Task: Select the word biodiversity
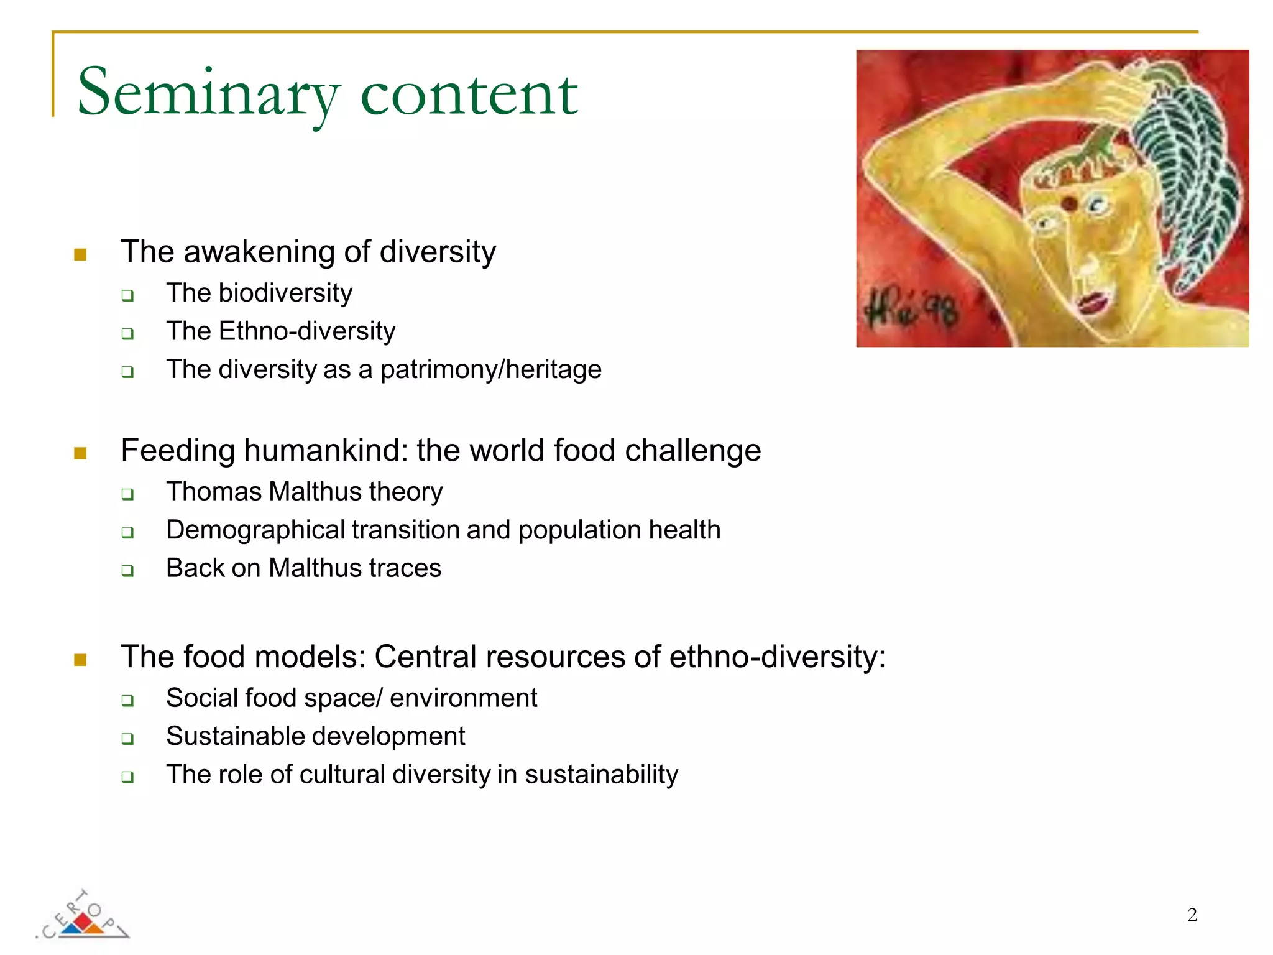coord(285,293)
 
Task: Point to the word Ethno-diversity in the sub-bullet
coord(307,331)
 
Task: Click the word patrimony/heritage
coord(490,370)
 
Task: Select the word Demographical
coord(255,530)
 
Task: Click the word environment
coord(463,698)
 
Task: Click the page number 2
coord(1192,915)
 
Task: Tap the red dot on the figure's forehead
coord(1068,203)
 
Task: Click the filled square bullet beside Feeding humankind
coord(80,453)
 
